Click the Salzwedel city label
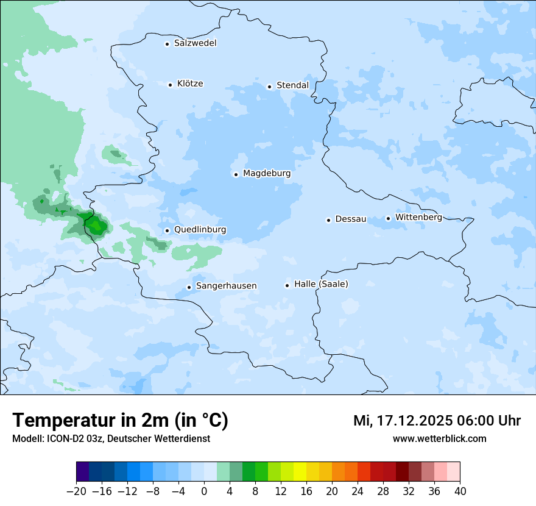[x=195, y=43]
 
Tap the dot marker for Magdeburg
[x=236, y=174]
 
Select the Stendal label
[x=292, y=85]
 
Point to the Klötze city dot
[x=171, y=85]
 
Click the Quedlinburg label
[x=200, y=230]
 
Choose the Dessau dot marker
[x=328, y=220]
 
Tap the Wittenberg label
[x=418, y=217]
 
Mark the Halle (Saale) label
[x=321, y=284]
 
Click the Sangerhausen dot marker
[x=189, y=287]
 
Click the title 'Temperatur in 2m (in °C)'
[x=120, y=420]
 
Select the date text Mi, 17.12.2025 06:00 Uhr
[x=437, y=421]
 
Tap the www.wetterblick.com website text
[x=439, y=438]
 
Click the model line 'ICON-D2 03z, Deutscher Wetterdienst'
[x=111, y=438]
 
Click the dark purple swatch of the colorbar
[x=82, y=472]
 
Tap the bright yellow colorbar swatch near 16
[x=300, y=472]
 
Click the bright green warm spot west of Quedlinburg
[x=96, y=226]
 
